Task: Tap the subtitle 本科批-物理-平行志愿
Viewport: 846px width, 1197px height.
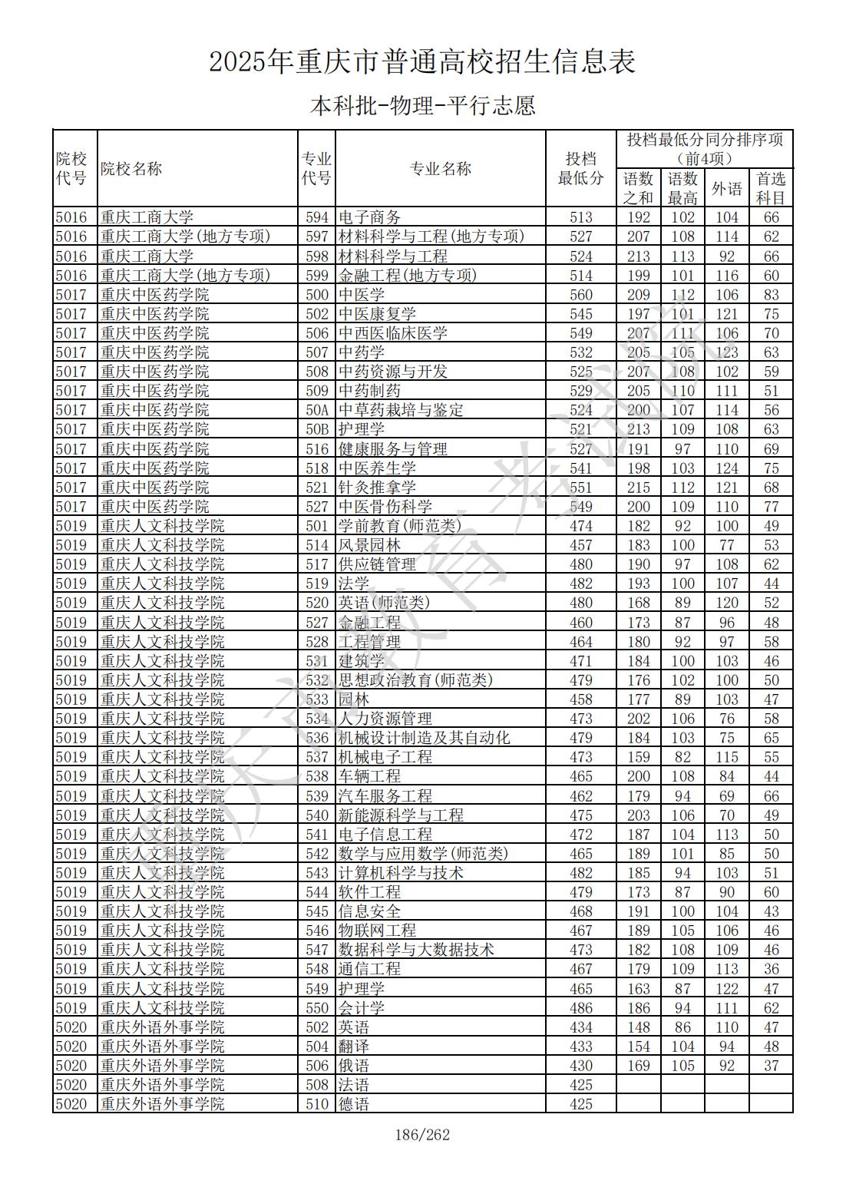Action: coord(422,105)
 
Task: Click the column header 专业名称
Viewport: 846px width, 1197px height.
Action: coord(440,169)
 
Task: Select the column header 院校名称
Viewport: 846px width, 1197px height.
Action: coord(131,169)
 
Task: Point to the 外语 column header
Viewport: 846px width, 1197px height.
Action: coord(726,188)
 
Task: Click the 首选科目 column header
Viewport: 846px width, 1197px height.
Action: coord(771,188)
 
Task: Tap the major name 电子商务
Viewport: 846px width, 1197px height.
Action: coord(369,217)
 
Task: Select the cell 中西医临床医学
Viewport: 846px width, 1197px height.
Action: coord(392,333)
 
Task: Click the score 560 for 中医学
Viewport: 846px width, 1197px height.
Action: coord(581,295)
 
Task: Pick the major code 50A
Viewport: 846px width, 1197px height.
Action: coord(316,410)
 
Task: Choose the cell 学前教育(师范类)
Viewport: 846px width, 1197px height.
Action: coord(400,526)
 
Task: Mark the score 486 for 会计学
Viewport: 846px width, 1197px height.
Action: coord(581,1008)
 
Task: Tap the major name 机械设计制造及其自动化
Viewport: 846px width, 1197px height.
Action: coord(424,738)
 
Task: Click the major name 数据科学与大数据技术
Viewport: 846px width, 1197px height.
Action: coord(416,950)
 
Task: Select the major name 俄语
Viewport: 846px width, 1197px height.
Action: coord(354,1066)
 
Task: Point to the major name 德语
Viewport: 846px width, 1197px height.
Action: coord(354,1104)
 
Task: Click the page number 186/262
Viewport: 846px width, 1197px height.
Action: coord(421,1135)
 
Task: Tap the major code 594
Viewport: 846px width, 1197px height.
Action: coord(316,217)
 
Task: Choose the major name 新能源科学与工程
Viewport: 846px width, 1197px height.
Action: coord(401,815)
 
